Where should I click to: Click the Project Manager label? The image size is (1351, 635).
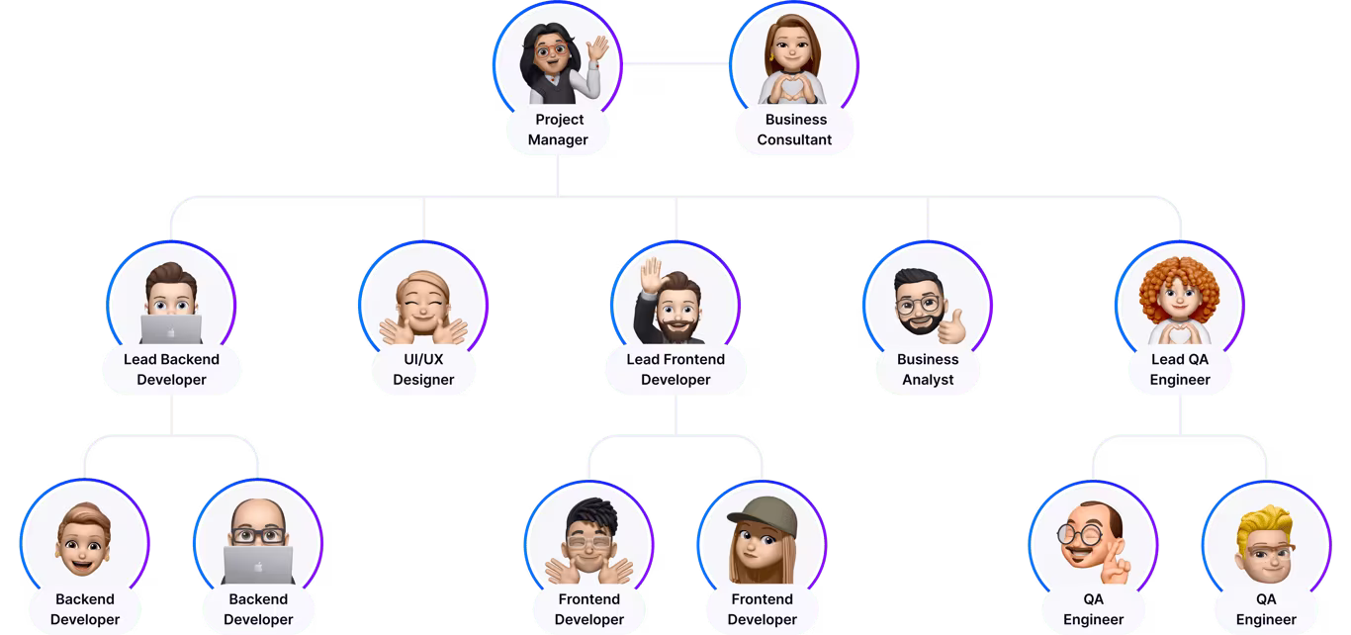pos(557,130)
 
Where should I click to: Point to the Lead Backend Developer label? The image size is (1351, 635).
pos(171,369)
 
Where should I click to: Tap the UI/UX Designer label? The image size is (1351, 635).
pos(423,369)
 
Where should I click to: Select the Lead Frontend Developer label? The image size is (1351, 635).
pos(675,369)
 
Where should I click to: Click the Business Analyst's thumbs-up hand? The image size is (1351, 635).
pos(952,325)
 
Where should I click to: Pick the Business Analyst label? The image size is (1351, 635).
pos(927,369)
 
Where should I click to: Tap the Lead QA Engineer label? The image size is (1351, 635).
pos(1180,369)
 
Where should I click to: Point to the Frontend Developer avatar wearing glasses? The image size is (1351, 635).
pos(589,542)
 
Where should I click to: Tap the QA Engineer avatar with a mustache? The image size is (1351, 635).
pos(1091,542)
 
